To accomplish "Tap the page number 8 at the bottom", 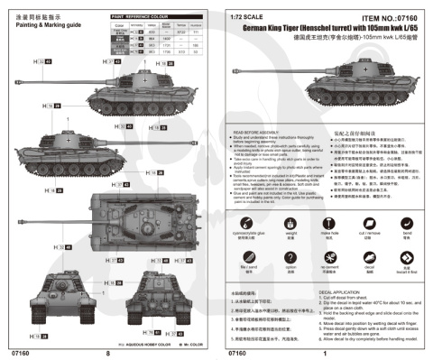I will tap(107, 353).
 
